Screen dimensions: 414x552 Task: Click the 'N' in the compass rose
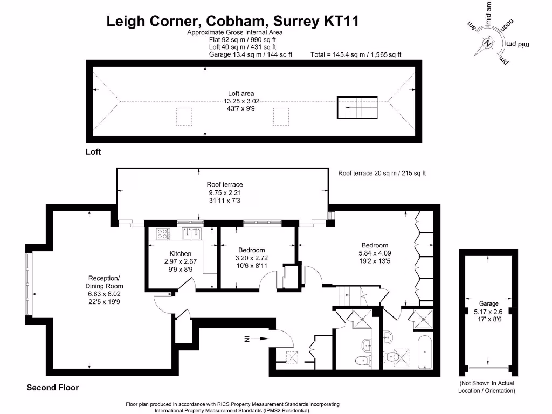coord(488,44)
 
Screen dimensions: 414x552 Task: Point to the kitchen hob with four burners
coord(163,234)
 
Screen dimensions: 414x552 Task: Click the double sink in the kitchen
coord(191,233)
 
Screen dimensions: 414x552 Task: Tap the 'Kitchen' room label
coord(181,253)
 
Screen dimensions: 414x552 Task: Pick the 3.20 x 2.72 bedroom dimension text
coord(252,258)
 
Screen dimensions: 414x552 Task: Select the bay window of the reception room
coord(28,285)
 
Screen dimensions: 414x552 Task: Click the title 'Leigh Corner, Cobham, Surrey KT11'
coord(232,21)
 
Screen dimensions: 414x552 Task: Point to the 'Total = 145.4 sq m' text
coord(356,54)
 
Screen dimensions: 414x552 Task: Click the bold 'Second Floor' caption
coord(53,388)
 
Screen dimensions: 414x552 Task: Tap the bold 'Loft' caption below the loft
coord(93,152)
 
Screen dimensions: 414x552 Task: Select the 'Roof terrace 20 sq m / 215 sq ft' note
coord(382,173)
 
